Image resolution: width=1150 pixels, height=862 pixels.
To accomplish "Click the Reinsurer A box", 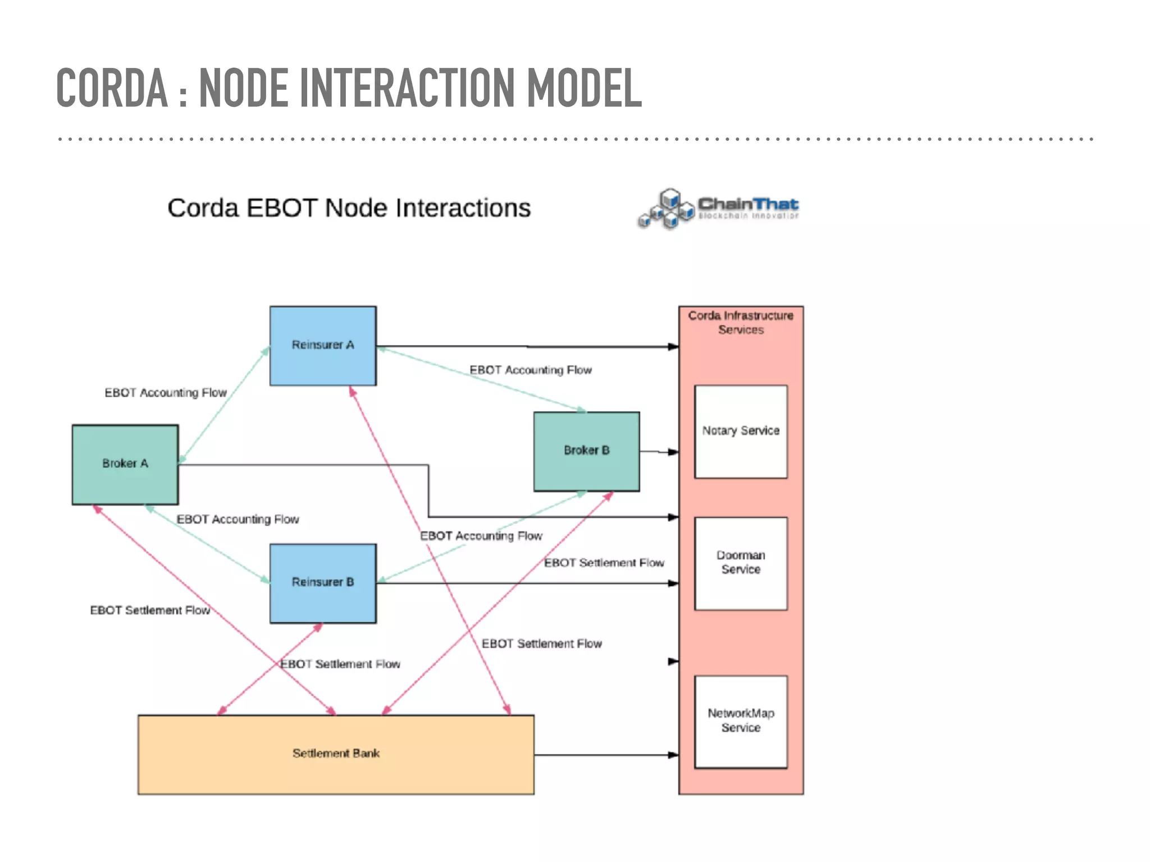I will (323, 345).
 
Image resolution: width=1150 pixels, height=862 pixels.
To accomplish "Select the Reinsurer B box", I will (323, 583).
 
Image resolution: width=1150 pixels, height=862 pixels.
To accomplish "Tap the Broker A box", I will (125, 464).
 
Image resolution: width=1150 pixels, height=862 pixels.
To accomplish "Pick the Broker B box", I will (586, 451).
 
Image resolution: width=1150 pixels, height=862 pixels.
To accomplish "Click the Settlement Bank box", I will (336, 754).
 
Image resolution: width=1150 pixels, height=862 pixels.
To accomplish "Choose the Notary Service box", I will (741, 431).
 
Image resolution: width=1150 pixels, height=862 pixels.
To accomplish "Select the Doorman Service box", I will (741, 563).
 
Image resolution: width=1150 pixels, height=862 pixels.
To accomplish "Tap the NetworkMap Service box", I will (741, 721).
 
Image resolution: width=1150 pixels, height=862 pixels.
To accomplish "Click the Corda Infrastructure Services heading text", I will (741, 323).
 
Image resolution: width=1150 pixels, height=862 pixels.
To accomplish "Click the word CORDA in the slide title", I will (112, 88).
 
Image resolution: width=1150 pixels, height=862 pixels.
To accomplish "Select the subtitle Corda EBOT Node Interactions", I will (349, 208).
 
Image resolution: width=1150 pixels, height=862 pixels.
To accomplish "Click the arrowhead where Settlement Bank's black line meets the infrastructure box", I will (673, 755).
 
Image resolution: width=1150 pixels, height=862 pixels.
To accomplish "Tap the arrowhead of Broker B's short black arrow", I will (673, 452).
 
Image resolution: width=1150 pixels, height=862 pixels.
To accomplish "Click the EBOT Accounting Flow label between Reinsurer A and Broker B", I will (531, 370).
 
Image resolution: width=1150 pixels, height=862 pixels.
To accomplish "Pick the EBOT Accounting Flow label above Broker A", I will (166, 393).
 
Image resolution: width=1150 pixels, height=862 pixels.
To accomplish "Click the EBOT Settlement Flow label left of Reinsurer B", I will (150, 611).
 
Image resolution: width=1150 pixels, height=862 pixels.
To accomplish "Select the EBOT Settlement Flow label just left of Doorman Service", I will (604, 563).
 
